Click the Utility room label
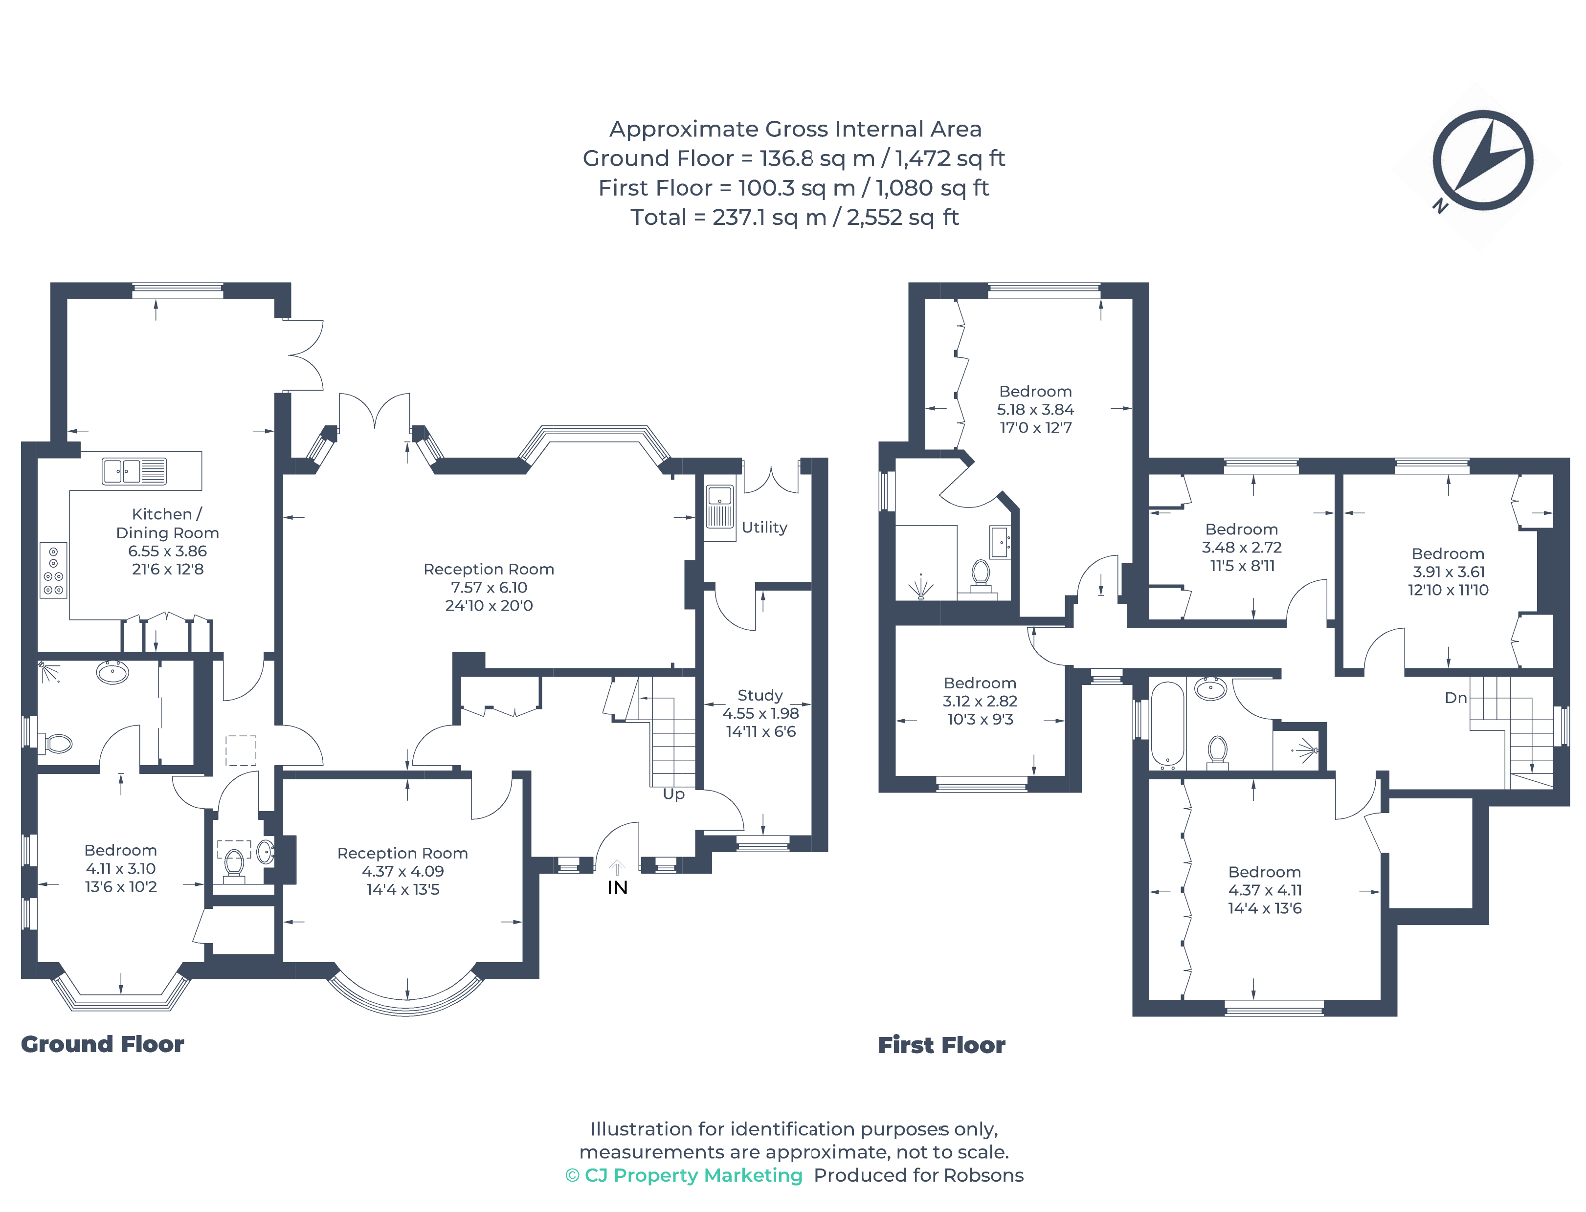click(764, 528)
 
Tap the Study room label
click(760, 695)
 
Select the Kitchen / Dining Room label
click(167, 523)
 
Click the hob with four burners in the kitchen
click(53, 570)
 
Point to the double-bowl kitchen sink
click(134, 471)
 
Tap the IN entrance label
click(618, 888)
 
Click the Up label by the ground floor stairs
click(673, 794)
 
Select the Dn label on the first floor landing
click(1455, 698)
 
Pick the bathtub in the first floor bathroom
click(1167, 724)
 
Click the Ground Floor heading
click(103, 1044)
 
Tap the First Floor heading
click(941, 1045)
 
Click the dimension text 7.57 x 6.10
click(489, 587)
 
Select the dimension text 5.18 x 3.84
click(1035, 409)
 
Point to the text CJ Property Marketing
click(693, 1175)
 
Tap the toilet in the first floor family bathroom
click(1217, 752)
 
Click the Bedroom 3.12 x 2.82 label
click(980, 701)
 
